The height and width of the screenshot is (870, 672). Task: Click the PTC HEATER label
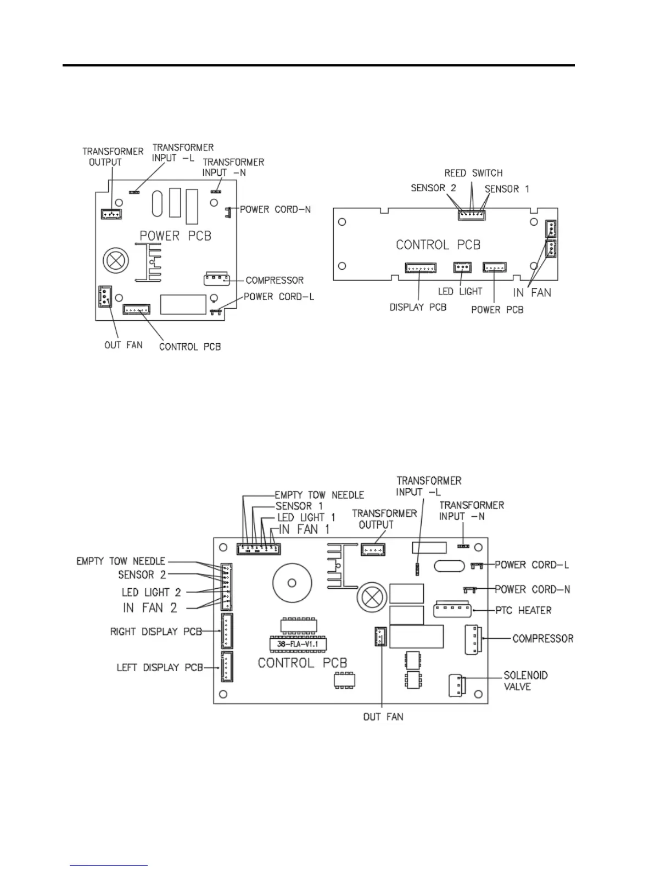pyautogui.click(x=523, y=610)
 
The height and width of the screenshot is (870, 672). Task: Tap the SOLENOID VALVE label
pyautogui.click(x=525, y=681)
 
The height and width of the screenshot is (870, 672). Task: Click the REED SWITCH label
pyautogui.click(x=473, y=173)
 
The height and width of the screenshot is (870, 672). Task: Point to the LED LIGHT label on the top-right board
pyautogui.click(x=460, y=291)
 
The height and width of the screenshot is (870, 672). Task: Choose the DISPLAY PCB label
pyautogui.click(x=418, y=307)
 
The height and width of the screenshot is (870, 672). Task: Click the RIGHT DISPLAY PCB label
pyautogui.click(x=156, y=632)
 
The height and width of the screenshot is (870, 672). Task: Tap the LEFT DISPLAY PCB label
pyautogui.click(x=159, y=668)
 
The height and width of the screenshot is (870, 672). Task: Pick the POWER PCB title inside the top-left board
pyautogui.click(x=175, y=236)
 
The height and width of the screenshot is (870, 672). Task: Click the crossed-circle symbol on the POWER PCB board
pyautogui.click(x=116, y=260)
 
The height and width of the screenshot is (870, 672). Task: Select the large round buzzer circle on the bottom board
pyautogui.click(x=292, y=583)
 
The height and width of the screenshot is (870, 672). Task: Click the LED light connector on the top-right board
pyautogui.click(x=462, y=267)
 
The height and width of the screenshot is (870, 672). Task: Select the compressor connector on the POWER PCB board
pyautogui.click(x=216, y=278)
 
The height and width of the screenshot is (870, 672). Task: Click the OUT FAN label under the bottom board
pyautogui.click(x=383, y=717)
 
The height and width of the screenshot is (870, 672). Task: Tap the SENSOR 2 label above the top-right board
pyautogui.click(x=433, y=188)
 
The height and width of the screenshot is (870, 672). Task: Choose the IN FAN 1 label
pyautogui.click(x=304, y=529)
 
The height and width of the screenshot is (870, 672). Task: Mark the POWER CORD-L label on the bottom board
pyautogui.click(x=531, y=565)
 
